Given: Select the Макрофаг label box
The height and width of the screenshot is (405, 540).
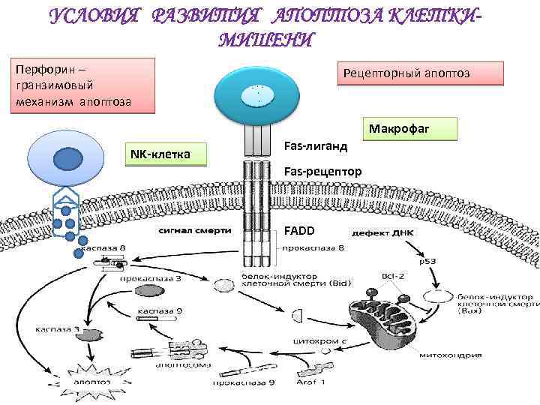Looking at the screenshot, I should click(411, 129).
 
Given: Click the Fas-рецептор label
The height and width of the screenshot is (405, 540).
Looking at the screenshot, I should click(323, 172).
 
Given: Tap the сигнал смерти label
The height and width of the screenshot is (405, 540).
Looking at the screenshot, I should click(193, 231).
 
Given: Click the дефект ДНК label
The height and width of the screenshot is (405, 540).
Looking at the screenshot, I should click(385, 232).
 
